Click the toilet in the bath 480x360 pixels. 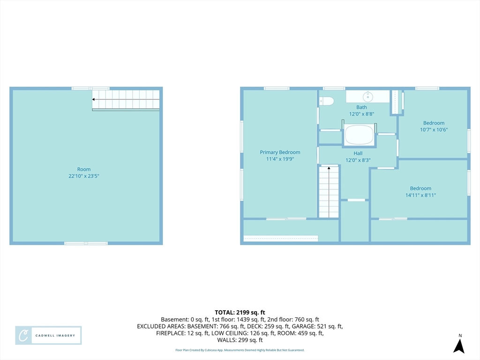[x=326, y=101]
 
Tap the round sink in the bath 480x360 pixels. [x=367, y=97]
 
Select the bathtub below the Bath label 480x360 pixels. [x=359, y=134]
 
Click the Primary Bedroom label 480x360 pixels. [x=280, y=152]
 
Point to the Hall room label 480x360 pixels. [x=358, y=153]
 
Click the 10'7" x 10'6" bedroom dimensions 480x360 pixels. [x=434, y=129]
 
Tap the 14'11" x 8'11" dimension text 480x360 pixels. [x=420, y=195]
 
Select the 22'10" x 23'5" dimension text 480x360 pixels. [x=83, y=176]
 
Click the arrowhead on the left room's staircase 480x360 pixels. [x=93, y=99]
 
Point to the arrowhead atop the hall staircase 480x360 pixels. [x=329, y=168]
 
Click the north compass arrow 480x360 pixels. [x=459, y=346]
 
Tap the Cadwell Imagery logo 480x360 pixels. [x=48, y=336]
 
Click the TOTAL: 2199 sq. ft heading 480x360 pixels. [x=240, y=313]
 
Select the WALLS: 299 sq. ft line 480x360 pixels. [x=240, y=340]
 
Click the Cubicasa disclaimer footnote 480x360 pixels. [x=240, y=350]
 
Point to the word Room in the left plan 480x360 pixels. [x=83, y=169]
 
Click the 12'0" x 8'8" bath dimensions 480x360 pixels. [x=361, y=114]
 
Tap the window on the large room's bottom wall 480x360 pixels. [x=86, y=243]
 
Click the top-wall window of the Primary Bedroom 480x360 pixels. [x=277, y=89]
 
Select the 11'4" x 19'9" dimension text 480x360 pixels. [x=280, y=159]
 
